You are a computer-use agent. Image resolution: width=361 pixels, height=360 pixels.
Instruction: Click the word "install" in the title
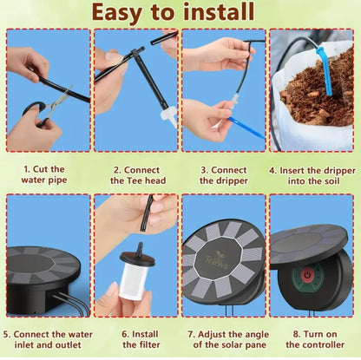[x=219, y=12]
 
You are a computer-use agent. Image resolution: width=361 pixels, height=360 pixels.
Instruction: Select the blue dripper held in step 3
[x=246, y=128]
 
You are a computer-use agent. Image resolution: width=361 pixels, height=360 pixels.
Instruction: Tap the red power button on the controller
[x=306, y=274]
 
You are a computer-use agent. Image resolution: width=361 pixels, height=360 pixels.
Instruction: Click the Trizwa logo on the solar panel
[x=216, y=261]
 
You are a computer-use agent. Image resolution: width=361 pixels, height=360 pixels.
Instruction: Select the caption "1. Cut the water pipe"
[x=44, y=174]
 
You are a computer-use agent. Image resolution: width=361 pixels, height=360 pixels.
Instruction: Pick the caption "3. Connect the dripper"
[x=224, y=175]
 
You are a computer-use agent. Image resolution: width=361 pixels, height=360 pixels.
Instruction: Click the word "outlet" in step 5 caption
[x=67, y=345]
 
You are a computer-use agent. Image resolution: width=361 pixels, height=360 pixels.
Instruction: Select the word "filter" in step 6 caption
[x=149, y=345]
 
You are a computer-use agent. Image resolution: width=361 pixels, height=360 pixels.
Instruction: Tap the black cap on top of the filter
[x=137, y=258]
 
